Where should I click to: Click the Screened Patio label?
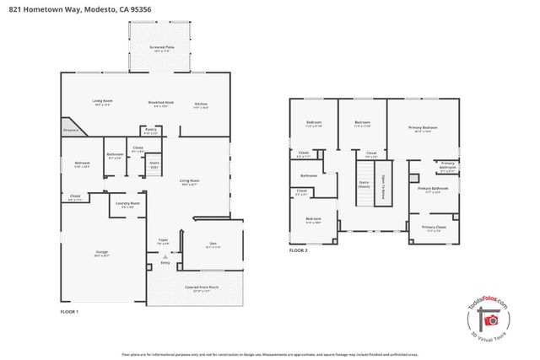[161, 49]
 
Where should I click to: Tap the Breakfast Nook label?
[160, 104]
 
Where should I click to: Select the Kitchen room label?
[202, 104]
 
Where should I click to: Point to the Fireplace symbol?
[70, 130]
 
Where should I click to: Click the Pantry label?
[151, 132]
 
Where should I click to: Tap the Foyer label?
[164, 241]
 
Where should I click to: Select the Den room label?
[213, 245]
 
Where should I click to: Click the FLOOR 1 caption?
[69, 312]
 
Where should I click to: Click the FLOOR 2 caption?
[299, 250]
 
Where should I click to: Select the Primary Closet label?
[435, 228]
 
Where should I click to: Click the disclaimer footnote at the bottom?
[269, 354]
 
